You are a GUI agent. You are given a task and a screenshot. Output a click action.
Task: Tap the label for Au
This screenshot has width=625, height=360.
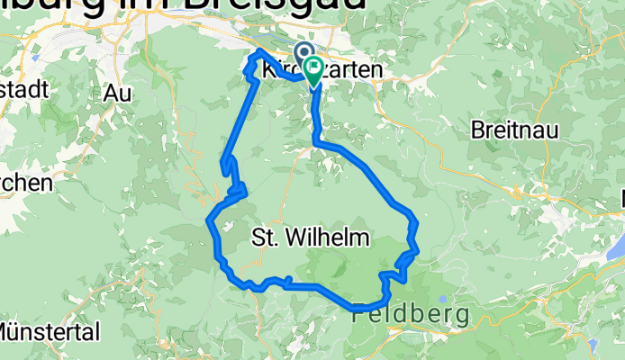tap(117, 93)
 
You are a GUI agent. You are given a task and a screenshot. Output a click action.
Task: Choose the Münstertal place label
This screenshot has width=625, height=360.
tap(50, 332)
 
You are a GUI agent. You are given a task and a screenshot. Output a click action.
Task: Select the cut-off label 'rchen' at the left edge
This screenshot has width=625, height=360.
tap(25, 182)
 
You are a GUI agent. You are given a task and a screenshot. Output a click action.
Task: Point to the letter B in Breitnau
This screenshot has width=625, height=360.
tap(478, 130)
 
